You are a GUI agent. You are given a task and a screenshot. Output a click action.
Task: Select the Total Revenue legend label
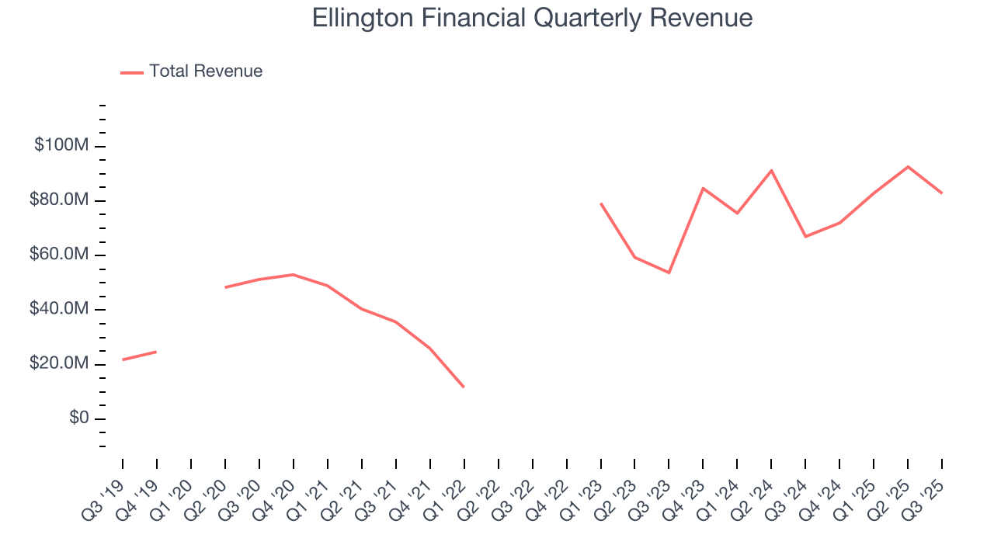(x=206, y=71)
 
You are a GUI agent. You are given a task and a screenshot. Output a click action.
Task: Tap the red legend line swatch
(x=132, y=72)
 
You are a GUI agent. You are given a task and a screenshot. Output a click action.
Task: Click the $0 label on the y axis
(x=78, y=418)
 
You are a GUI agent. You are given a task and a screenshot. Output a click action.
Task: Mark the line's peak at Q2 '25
(x=908, y=167)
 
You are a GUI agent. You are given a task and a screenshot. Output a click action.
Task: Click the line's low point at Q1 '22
(x=464, y=387)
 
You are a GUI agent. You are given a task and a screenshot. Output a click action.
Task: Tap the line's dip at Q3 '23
(x=669, y=273)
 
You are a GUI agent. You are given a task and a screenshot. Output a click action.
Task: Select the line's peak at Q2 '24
(x=771, y=170)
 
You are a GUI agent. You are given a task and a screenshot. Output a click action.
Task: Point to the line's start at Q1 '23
(x=601, y=203)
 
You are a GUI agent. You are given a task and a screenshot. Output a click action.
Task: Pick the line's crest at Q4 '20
(x=293, y=274)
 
